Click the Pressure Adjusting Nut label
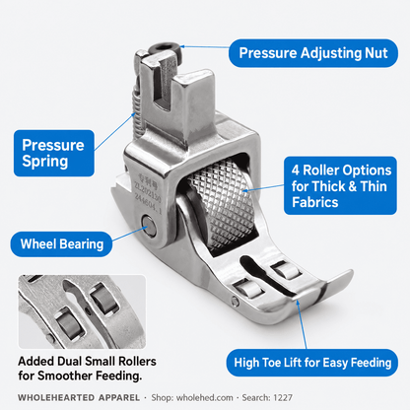(313, 53)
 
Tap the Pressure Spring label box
(54, 153)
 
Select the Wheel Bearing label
(61, 244)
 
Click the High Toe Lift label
(312, 363)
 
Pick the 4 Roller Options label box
(340, 185)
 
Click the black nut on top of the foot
(165, 50)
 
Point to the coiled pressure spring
(138, 108)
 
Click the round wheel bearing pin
(150, 226)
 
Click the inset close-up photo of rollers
(82, 311)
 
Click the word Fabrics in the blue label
(315, 202)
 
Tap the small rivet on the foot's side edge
(235, 301)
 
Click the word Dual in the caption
(69, 361)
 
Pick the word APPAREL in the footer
(119, 397)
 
